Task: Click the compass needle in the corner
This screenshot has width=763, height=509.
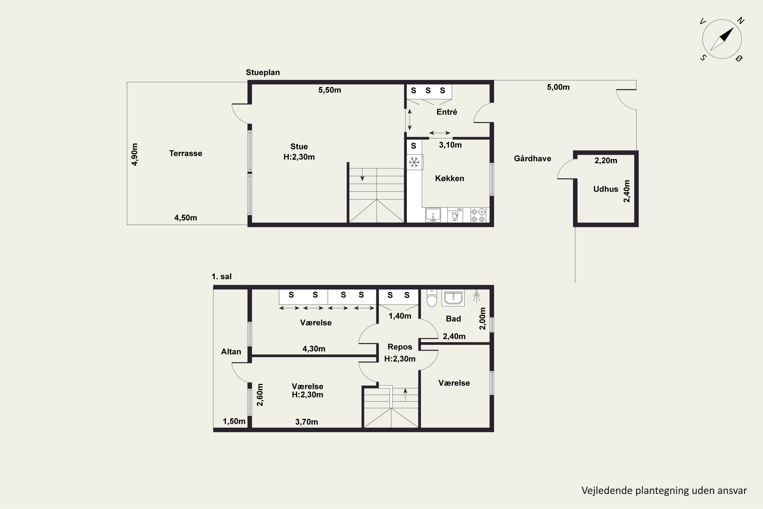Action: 722,39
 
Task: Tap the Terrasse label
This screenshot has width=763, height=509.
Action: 186,153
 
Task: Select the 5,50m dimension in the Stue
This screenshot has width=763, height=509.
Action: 330,90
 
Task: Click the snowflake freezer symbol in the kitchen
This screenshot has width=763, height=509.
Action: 414,162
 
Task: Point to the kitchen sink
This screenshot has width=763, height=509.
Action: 433,215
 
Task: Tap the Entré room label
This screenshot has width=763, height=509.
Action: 447,112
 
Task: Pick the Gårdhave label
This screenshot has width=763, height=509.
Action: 532,158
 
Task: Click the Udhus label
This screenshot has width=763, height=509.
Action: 606,189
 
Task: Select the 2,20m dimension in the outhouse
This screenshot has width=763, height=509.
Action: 606,160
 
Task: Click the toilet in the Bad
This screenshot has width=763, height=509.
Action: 432,298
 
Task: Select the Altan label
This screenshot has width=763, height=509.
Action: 231,351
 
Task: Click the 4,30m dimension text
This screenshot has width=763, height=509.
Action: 314,349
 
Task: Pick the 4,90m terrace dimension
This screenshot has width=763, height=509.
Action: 135,154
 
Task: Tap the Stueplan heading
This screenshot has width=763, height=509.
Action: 263,72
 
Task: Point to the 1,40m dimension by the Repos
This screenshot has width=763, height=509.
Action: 400,316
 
